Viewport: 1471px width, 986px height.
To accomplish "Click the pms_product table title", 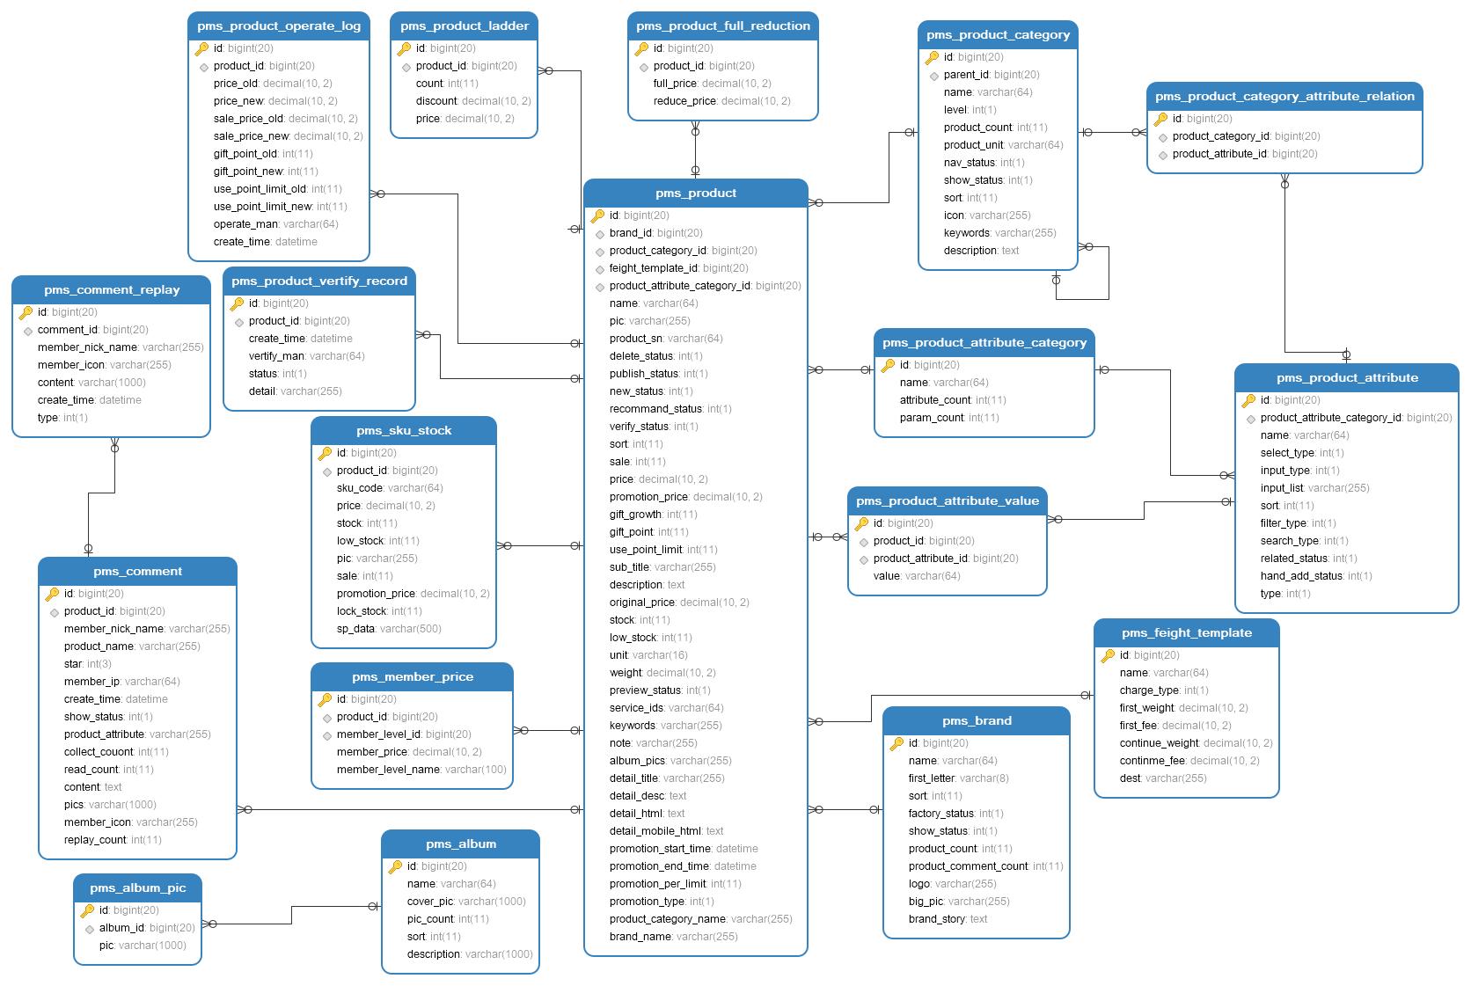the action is tap(695, 193).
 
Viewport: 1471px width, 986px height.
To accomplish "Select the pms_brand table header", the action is tap(977, 720).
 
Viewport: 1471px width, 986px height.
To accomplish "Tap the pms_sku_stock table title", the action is tap(404, 431).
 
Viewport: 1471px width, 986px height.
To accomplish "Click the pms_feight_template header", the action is tap(1187, 632).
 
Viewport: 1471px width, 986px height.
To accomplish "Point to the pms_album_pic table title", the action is tap(138, 888).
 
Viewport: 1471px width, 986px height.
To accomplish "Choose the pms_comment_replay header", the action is tap(112, 289).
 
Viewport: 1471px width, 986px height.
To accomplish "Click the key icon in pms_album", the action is tap(395, 866).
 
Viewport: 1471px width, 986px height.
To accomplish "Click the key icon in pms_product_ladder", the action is tap(405, 47).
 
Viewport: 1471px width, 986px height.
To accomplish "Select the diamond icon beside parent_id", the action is tap(933, 77).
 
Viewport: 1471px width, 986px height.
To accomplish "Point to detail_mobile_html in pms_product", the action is tap(666, 831).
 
